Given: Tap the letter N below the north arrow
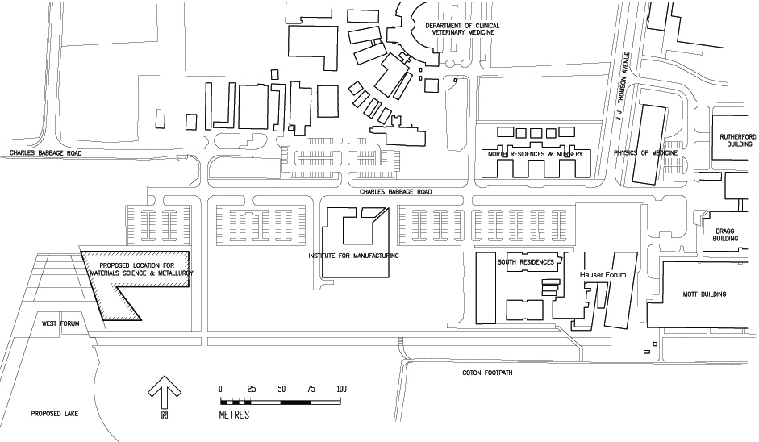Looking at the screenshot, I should [x=165, y=415].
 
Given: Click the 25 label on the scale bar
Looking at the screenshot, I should [x=251, y=389].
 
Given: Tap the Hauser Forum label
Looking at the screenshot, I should [x=602, y=275].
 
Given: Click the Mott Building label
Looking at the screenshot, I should [x=706, y=294].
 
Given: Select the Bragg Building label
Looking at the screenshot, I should [x=726, y=235].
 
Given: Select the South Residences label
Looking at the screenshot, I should [x=525, y=262].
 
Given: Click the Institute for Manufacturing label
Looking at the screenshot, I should [x=354, y=256].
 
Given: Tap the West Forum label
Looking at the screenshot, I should [x=61, y=324].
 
